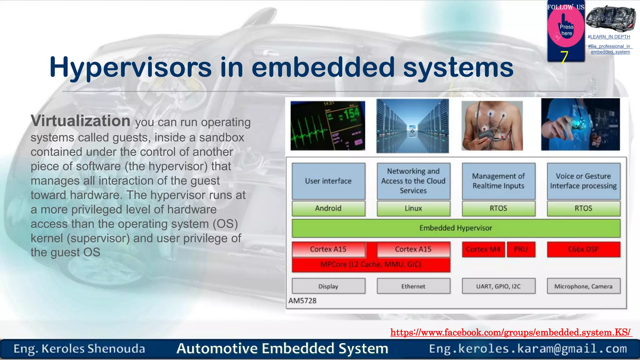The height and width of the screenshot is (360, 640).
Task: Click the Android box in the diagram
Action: (x=328, y=208)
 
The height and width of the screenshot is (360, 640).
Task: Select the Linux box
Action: (x=413, y=208)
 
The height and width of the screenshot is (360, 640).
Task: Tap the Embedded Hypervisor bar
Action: (x=456, y=228)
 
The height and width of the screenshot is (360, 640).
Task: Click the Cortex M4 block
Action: (x=483, y=249)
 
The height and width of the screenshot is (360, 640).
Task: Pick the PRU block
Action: (x=521, y=249)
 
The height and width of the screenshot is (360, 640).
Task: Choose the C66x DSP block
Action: (x=583, y=249)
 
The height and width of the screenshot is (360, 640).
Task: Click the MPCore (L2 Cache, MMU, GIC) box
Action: (x=371, y=265)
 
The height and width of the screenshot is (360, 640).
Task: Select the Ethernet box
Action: (x=413, y=286)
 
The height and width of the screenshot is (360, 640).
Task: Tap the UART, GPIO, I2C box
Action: (x=498, y=286)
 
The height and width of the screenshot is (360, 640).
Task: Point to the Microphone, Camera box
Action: (x=583, y=286)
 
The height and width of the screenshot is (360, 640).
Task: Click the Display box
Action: (x=328, y=286)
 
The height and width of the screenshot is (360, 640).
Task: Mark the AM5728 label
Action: (x=302, y=301)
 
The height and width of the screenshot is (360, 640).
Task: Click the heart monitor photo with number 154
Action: (x=327, y=126)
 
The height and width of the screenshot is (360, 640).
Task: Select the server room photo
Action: (x=412, y=126)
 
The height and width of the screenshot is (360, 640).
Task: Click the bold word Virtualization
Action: (x=80, y=121)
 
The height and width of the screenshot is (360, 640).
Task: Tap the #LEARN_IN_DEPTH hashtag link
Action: (x=609, y=37)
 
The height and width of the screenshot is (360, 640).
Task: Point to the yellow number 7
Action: (x=564, y=57)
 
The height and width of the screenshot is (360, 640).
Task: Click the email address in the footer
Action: (x=528, y=349)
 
